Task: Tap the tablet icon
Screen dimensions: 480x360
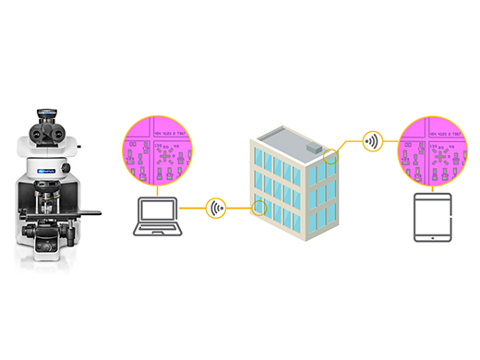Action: (x=432, y=218)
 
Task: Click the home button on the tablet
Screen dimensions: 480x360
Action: (x=432, y=237)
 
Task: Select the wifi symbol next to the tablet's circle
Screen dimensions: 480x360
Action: (x=372, y=142)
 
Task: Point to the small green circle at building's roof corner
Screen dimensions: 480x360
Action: (x=331, y=156)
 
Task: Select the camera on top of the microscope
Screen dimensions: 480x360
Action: (x=46, y=115)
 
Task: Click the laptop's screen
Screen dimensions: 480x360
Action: (x=158, y=213)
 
